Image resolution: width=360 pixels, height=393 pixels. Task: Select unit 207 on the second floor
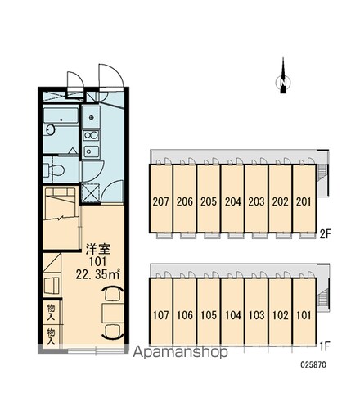pos(160,198)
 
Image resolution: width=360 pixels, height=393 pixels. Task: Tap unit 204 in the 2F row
pos(232,198)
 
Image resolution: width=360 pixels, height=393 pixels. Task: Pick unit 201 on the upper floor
pos(304,198)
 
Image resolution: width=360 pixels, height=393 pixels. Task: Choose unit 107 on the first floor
pos(160,311)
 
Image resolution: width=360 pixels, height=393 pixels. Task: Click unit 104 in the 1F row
pos(232,311)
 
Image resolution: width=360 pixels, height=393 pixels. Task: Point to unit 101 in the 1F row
pos(304,311)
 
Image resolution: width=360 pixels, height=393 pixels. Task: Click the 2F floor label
pos(325,234)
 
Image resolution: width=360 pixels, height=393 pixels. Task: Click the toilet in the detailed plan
pos(54,170)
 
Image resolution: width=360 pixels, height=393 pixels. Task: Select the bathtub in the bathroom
pos(61,115)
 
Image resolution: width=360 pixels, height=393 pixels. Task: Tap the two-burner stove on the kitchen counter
pos(91,135)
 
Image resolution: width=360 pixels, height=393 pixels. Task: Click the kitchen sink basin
pos(91,151)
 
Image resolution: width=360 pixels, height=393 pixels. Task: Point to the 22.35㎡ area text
pos(98,274)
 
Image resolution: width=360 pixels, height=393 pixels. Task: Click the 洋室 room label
pos(98,249)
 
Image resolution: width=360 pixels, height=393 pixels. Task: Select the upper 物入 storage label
pos(51,312)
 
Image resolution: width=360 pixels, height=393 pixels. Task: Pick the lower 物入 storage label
pos(51,336)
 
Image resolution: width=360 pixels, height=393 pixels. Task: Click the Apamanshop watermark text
pos(180,353)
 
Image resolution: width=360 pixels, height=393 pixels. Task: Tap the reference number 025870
pos(313,364)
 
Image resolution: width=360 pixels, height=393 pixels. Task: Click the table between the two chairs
pos(113,313)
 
